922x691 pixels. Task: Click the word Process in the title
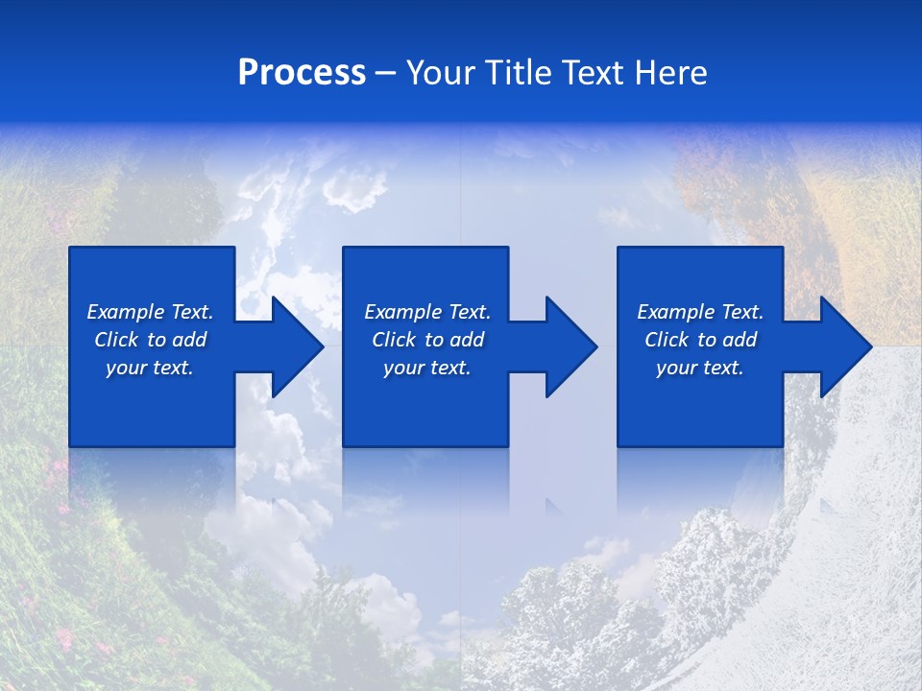[302, 73]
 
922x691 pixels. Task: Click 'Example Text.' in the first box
[150, 312]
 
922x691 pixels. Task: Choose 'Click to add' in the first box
[150, 340]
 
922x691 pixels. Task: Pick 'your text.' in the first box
[150, 368]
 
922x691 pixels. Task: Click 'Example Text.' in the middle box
[426, 312]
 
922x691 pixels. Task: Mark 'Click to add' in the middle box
[426, 340]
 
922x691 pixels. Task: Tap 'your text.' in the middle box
[426, 368]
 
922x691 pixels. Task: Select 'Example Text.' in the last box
[700, 312]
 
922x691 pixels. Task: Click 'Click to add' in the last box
[700, 340]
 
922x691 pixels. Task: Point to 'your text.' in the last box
[700, 368]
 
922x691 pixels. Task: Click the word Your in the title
[438, 73]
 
